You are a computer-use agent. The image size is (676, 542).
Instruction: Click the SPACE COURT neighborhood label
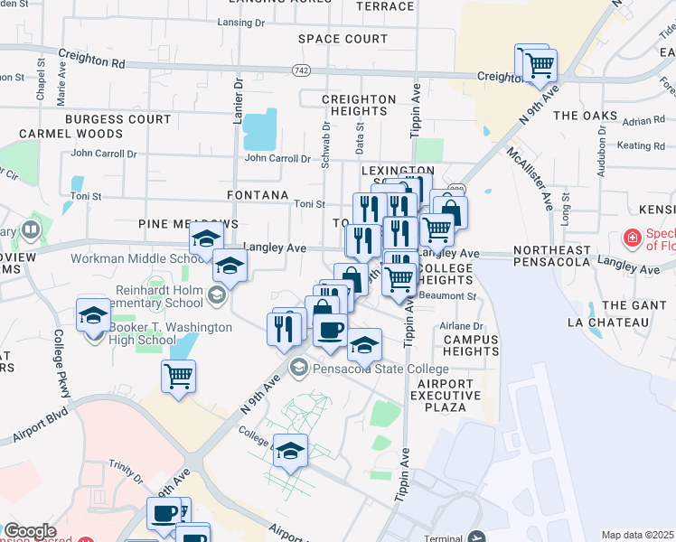[343, 39]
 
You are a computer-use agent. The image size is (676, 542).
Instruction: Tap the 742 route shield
[301, 70]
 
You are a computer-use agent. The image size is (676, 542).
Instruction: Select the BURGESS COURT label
[117, 119]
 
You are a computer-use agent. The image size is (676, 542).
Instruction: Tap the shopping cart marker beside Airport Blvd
[178, 376]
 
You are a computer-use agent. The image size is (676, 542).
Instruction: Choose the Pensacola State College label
[380, 369]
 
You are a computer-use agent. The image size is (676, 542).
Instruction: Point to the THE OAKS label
[585, 116]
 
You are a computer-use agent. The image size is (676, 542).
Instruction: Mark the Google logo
[30, 531]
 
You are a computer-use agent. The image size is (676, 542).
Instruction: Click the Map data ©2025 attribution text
[637, 535]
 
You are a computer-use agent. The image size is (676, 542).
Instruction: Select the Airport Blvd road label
[41, 431]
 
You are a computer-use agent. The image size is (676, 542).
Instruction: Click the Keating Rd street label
[641, 145]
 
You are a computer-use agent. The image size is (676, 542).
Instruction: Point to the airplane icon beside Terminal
[477, 537]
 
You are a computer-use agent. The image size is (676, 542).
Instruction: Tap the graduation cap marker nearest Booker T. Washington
[92, 315]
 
